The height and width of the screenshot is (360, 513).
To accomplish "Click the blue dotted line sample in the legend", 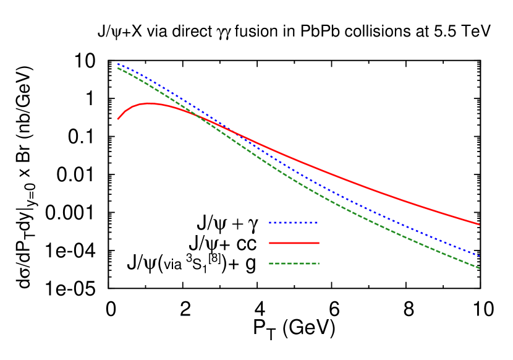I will coord(294,223).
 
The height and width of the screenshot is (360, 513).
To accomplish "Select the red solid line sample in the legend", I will coord(294,243).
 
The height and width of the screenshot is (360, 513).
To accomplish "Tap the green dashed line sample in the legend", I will coord(294,264).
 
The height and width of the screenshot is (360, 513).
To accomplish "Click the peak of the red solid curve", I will coord(149,103).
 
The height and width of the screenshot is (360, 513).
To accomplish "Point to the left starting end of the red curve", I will coord(118,119).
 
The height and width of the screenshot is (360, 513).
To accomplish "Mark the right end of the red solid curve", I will coord(479,225).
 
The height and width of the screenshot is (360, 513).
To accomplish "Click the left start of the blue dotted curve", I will coord(118,64).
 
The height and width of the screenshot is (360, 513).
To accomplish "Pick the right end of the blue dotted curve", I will coord(479,255).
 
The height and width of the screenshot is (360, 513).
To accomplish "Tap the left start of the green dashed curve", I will coord(118,68).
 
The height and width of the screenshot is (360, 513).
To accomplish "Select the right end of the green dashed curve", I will coord(479,268).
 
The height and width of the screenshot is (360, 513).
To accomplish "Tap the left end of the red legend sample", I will coord(269,243).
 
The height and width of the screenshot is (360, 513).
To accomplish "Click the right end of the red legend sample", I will coord(319,243).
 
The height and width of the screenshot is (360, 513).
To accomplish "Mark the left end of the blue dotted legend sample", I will coord(269,223).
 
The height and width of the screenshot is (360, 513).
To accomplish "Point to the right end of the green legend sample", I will coord(319,264).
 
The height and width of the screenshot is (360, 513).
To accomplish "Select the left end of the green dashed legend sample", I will coord(269,264).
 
